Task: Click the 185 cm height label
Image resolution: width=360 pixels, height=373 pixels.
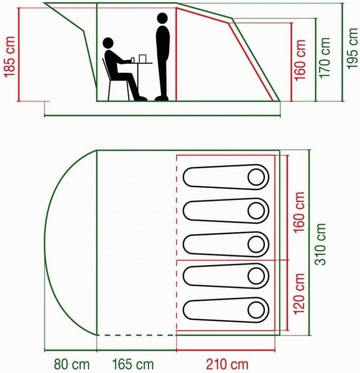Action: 10,57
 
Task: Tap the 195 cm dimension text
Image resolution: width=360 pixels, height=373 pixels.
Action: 352,49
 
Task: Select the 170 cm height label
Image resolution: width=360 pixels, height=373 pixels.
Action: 325,58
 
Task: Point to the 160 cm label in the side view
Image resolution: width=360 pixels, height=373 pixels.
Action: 300,60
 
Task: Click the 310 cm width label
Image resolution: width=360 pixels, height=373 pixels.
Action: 320,244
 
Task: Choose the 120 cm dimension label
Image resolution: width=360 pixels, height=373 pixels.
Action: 299,294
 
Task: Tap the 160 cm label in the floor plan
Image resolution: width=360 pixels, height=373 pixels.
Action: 299,213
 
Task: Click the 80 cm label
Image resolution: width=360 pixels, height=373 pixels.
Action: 71,364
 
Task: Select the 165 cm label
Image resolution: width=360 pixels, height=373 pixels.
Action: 133,364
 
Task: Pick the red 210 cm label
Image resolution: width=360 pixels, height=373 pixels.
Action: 227,364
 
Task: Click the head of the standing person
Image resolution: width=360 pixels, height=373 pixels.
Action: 162,18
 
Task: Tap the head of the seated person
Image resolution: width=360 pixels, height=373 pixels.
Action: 108,43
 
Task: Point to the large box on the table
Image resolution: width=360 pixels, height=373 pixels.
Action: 143,59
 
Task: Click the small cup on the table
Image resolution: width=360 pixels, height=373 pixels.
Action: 133,60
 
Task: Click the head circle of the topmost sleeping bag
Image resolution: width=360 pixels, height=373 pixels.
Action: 256,177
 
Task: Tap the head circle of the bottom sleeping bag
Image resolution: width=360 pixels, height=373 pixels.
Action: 256,310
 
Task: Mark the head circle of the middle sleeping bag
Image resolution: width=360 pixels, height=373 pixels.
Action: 256,244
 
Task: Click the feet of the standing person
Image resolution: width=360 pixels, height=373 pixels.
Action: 162,98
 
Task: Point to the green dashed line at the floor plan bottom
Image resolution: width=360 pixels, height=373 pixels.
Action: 136,335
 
